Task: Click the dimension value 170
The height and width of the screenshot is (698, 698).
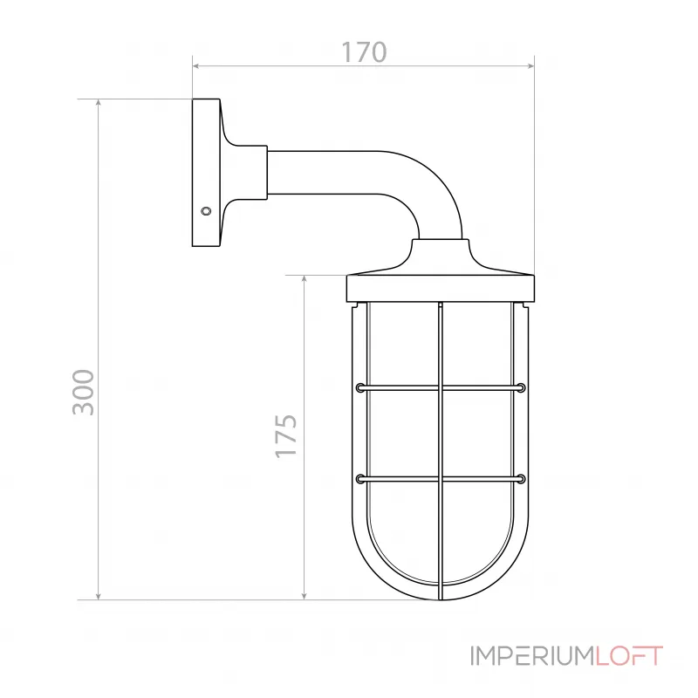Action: pyautogui.click(x=363, y=51)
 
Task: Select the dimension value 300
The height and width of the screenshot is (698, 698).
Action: pyautogui.click(x=83, y=392)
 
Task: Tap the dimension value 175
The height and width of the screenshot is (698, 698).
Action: pyautogui.click(x=287, y=436)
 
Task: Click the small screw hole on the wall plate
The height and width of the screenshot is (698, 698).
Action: pyautogui.click(x=206, y=210)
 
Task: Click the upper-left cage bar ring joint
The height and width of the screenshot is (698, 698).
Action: pyautogui.click(x=360, y=387)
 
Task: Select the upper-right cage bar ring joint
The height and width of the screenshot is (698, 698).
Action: pyautogui.click(x=521, y=387)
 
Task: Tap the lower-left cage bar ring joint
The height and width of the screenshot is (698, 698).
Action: pyautogui.click(x=360, y=478)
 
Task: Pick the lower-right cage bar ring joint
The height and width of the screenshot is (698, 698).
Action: pyautogui.click(x=521, y=478)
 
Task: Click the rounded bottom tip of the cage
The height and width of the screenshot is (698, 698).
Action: pyautogui.click(x=441, y=597)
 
